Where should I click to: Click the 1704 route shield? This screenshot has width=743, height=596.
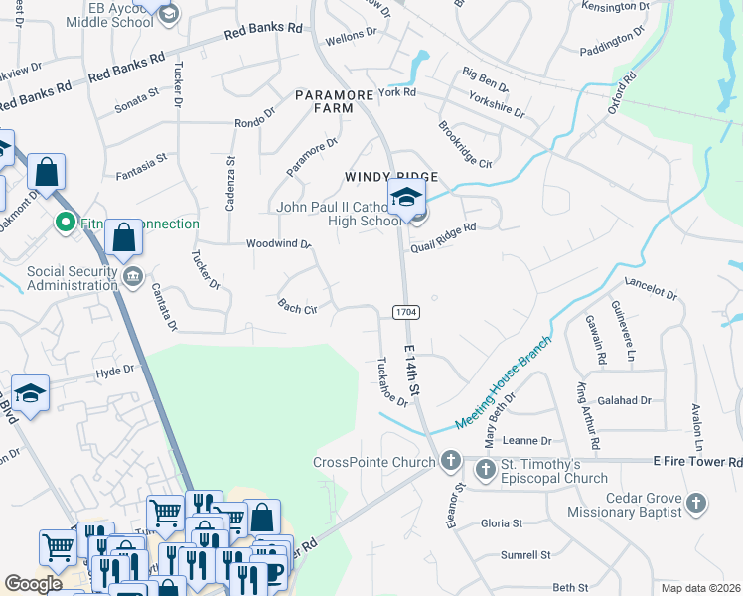pos(405,312)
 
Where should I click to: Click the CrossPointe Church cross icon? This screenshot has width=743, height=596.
pos(451,462)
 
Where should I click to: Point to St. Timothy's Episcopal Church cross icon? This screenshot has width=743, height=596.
pos(486,468)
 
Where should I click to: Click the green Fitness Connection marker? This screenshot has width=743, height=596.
pos(67,223)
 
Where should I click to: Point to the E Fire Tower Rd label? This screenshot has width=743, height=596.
pos(697,462)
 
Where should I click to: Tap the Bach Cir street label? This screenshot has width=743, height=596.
pos(297,307)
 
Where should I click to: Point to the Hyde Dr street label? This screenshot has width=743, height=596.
pos(114,371)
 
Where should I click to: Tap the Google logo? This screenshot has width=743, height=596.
pos(33,584)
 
